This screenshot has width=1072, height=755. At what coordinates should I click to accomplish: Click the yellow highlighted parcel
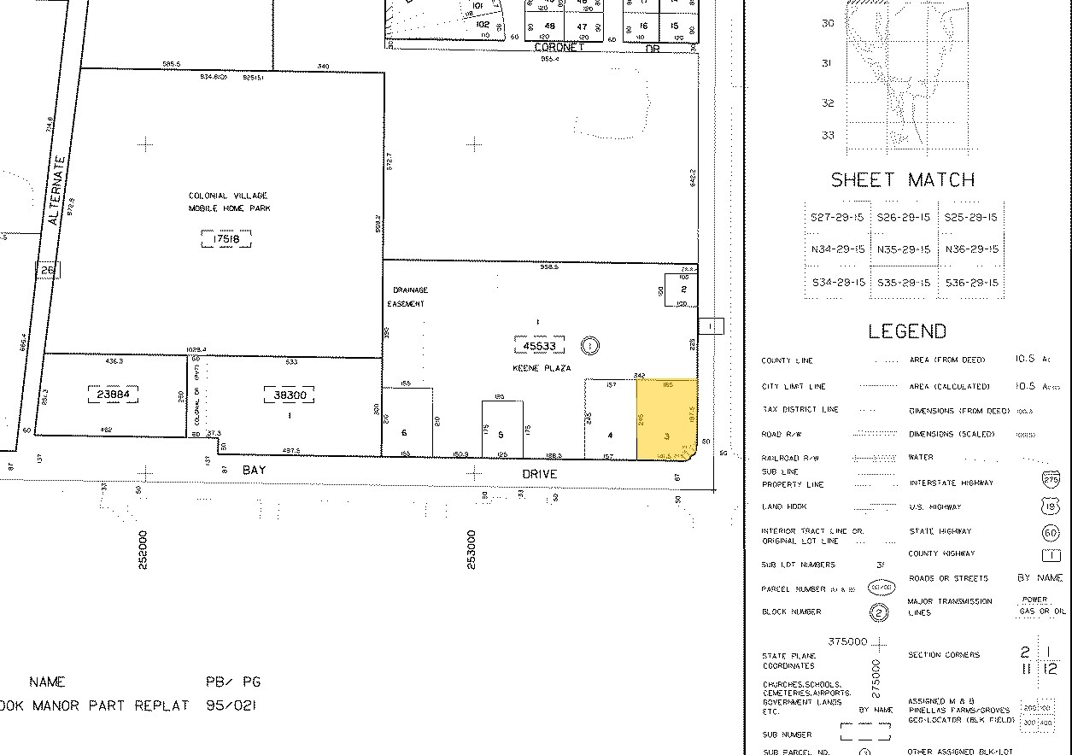point(667,419)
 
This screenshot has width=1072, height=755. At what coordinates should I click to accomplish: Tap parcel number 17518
point(226,239)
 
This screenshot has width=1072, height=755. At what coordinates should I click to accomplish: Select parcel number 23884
point(113,395)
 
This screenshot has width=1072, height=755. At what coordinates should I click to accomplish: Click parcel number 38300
point(290,395)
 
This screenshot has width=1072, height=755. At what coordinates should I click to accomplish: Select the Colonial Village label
point(227,202)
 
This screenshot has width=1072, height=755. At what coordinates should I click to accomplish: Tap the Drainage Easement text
point(407,296)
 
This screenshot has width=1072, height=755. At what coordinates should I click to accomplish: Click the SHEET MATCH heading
point(903,179)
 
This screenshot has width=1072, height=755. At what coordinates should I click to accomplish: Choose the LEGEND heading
point(907,331)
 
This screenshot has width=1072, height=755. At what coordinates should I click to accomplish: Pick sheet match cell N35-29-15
point(904,249)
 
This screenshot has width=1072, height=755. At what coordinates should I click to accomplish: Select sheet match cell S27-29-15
point(837,217)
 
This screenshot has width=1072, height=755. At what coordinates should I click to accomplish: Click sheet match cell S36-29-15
point(970,282)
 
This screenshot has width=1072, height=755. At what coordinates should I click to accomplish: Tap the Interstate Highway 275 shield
point(1051,481)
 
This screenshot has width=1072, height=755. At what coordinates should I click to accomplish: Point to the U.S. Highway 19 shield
point(1051,507)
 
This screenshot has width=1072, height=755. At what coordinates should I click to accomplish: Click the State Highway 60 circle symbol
point(1051,533)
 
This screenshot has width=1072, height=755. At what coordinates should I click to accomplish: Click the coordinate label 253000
point(471,549)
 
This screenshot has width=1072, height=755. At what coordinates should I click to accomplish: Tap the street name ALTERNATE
point(57,190)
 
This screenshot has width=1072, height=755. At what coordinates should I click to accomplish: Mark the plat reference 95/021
point(231,705)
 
